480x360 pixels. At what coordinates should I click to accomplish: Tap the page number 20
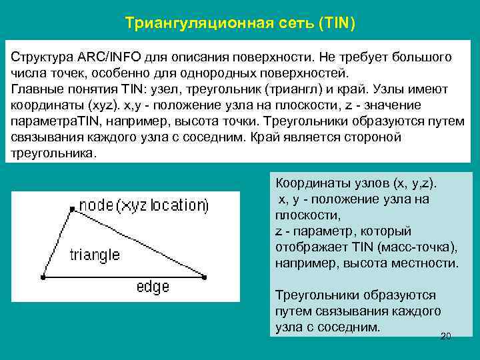(446, 336)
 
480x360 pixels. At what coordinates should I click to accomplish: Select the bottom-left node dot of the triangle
(43, 276)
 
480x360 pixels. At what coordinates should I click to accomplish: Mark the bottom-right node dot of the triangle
(204, 276)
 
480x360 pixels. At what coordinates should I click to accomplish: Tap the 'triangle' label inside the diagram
(95, 255)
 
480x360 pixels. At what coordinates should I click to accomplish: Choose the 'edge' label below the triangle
(153, 287)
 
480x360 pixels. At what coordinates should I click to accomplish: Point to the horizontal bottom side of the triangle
(123, 276)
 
